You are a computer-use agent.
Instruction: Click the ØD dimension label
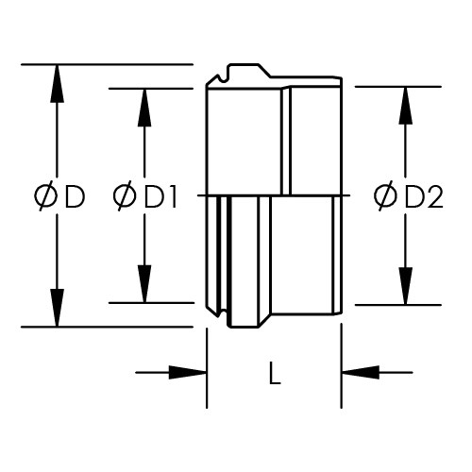click(x=59, y=196)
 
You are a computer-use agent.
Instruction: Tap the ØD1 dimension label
click(x=144, y=196)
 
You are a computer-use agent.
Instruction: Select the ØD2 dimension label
click(x=409, y=196)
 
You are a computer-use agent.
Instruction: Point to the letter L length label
click(x=275, y=373)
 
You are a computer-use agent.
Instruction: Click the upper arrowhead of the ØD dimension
click(x=57, y=84)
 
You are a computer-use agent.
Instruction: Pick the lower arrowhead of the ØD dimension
click(x=57, y=308)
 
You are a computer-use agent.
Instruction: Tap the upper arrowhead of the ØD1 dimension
click(x=144, y=108)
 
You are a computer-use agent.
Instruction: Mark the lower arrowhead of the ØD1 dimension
click(x=144, y=284)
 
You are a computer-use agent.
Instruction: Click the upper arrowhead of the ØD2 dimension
click(x=406, y=106)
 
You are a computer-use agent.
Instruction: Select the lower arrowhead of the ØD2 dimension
click(x=406, y=286)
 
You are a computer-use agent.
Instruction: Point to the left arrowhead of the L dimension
click(x=188, y=373)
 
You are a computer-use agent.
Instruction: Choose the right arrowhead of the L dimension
click(x=361, y=373)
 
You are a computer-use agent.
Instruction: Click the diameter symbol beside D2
click(x=385, y=196)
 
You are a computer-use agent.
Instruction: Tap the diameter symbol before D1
click(x=125, y=196)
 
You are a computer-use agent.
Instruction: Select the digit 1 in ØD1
click(x=172, y=197)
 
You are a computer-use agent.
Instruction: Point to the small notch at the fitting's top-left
click(x=223, y=78)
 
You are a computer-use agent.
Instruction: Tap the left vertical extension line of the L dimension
click(x=207, y=368)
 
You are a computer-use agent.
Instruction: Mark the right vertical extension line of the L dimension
click(x=342, y=366)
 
